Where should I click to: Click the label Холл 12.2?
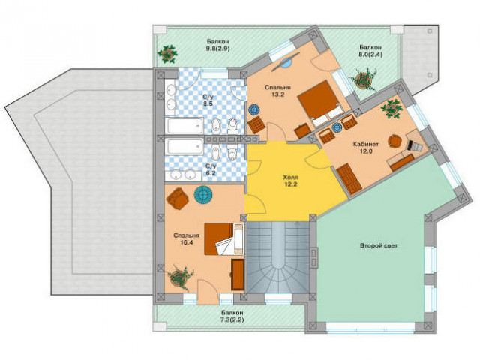tap(290, 181)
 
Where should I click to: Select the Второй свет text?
tap(379, 245)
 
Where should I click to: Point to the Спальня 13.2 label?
tap(278, 91)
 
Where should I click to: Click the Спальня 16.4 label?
tap(187, 238)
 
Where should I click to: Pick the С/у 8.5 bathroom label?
tap(208, 100)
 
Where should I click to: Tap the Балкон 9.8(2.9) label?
tap(217, 45)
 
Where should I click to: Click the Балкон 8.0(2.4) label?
tap(370, 51)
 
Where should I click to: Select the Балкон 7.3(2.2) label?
tap(232, 316)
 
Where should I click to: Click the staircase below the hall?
tap(278, 257)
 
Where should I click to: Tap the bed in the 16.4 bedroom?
tap(223, 238)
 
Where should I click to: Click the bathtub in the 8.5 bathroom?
tap(184, 125)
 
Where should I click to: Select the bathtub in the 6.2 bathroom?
tap(184, 147)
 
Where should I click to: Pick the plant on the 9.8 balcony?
tap(167, 54)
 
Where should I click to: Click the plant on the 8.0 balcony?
tap(364, 79)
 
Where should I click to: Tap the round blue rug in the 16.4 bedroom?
tap(203, 195)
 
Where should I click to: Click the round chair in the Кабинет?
tap(395, 142)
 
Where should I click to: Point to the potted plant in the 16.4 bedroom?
tap(180, 277)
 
